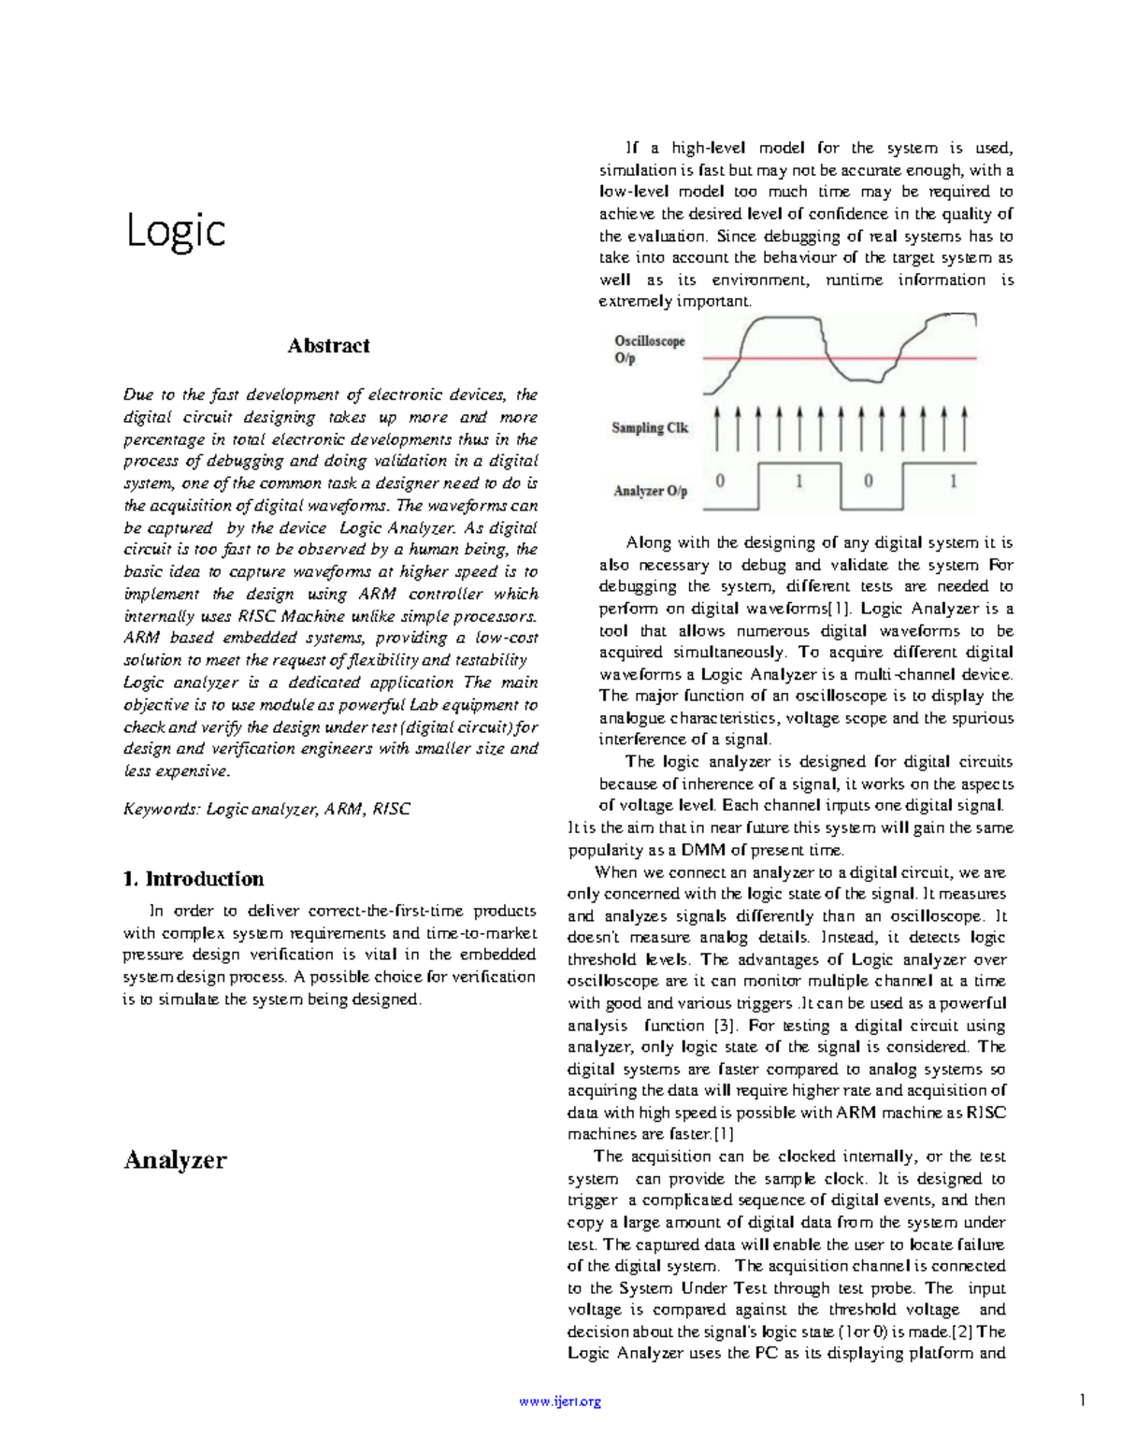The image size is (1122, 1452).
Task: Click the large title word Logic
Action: (176, 231)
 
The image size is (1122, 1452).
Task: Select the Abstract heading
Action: (328, 346)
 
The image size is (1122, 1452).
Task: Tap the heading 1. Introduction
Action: (194, 879)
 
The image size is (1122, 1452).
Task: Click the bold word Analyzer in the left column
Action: (175, 1160)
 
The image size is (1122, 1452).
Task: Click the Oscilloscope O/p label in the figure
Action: (649, 350)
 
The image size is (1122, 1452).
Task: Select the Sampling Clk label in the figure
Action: (650, 428)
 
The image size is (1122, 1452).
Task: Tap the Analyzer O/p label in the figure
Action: (650, 491)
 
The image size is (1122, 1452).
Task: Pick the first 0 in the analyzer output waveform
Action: (720, 482)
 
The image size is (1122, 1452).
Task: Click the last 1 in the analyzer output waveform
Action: (953, 482)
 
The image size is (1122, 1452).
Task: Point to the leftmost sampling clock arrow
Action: (717, 429)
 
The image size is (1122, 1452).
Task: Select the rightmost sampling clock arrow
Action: (965, 429)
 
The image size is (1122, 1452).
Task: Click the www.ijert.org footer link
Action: (560, 1402)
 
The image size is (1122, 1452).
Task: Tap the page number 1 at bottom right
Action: (1081, 1401)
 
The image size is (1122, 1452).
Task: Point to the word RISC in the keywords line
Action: (391, 810)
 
